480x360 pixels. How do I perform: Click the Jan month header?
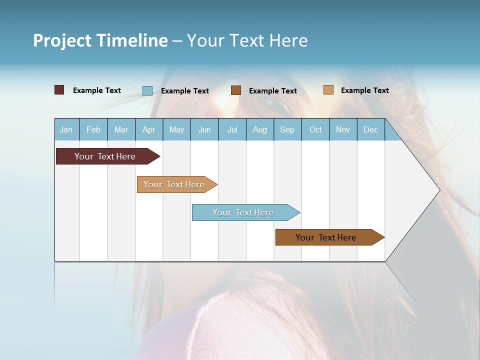click(x=66, y=129)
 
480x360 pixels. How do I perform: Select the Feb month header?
click(x=93, y=129)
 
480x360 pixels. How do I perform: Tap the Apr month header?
click(x=148, y=129)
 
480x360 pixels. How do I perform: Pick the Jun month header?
click(x=204, y=129)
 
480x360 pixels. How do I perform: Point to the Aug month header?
click(x=259, y=129)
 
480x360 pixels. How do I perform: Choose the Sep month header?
click(x=287, y=129)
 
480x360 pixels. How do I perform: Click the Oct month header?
click(x=315, y=129)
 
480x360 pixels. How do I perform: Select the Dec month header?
click(x=370, y=129)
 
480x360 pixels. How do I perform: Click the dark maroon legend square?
click(x=59, y=90)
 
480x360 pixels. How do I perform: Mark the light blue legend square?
click(x=147, y=90)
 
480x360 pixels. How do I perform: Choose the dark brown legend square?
click(x=236, y=90)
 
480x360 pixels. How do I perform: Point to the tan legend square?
click(x=328, y=90)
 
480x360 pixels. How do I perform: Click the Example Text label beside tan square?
click(x=364, y=90)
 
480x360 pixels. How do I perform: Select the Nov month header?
click(x=343, y=129)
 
